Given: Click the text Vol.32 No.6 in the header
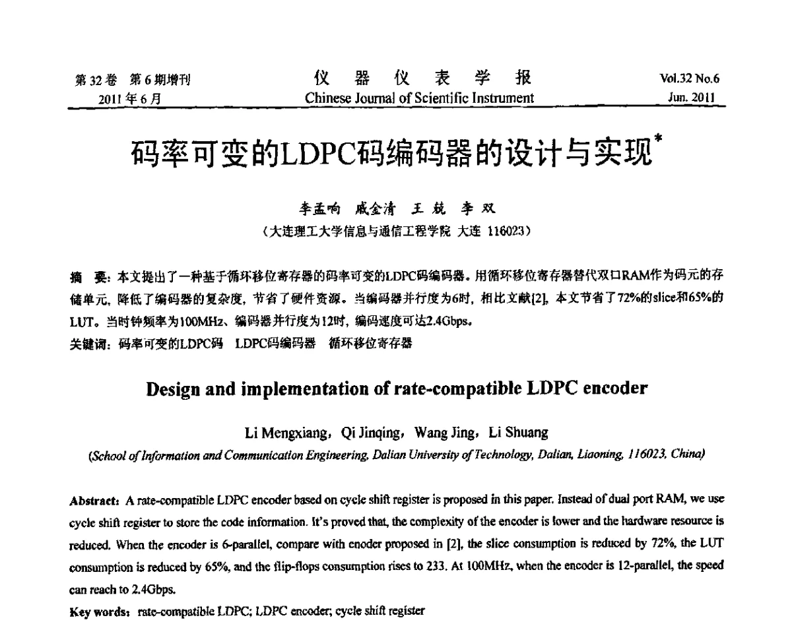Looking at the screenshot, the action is (x=689, y=79).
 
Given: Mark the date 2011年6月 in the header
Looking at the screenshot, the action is (x=130, y=98).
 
